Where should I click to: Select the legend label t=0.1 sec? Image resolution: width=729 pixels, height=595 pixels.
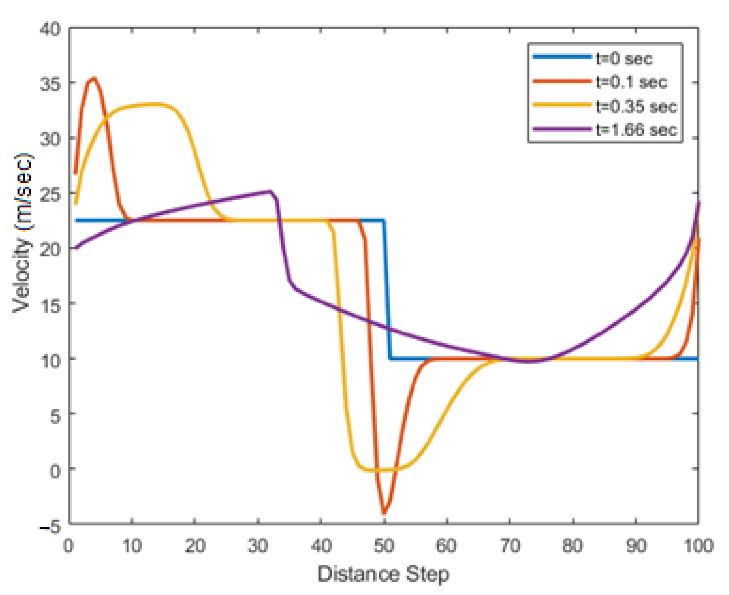(x=631, y=82)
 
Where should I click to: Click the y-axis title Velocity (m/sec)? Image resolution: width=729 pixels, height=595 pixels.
(x=23, y=233)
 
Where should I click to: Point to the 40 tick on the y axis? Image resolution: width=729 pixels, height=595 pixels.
(x=50, y=29)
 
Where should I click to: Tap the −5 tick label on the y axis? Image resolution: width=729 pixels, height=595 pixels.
(x=50, y=526)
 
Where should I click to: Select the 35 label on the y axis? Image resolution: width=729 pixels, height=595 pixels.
(x=50, y=84)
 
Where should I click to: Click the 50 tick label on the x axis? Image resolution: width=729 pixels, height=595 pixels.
(x=384, y=545)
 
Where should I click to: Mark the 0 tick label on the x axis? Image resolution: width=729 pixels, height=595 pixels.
(x=69, y=545)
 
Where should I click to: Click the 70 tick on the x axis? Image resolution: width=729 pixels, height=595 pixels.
(x=510, y=545)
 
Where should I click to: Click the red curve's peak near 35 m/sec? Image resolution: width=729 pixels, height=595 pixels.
(x=94, y=78)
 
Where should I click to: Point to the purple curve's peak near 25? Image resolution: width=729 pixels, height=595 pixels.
(x=270, y=191)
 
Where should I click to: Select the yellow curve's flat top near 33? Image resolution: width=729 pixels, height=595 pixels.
(x=151, y=104)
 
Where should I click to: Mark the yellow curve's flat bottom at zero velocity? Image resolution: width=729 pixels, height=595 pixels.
(x=377, y=470)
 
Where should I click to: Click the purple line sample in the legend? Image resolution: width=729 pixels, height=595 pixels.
(x=562, y=129)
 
